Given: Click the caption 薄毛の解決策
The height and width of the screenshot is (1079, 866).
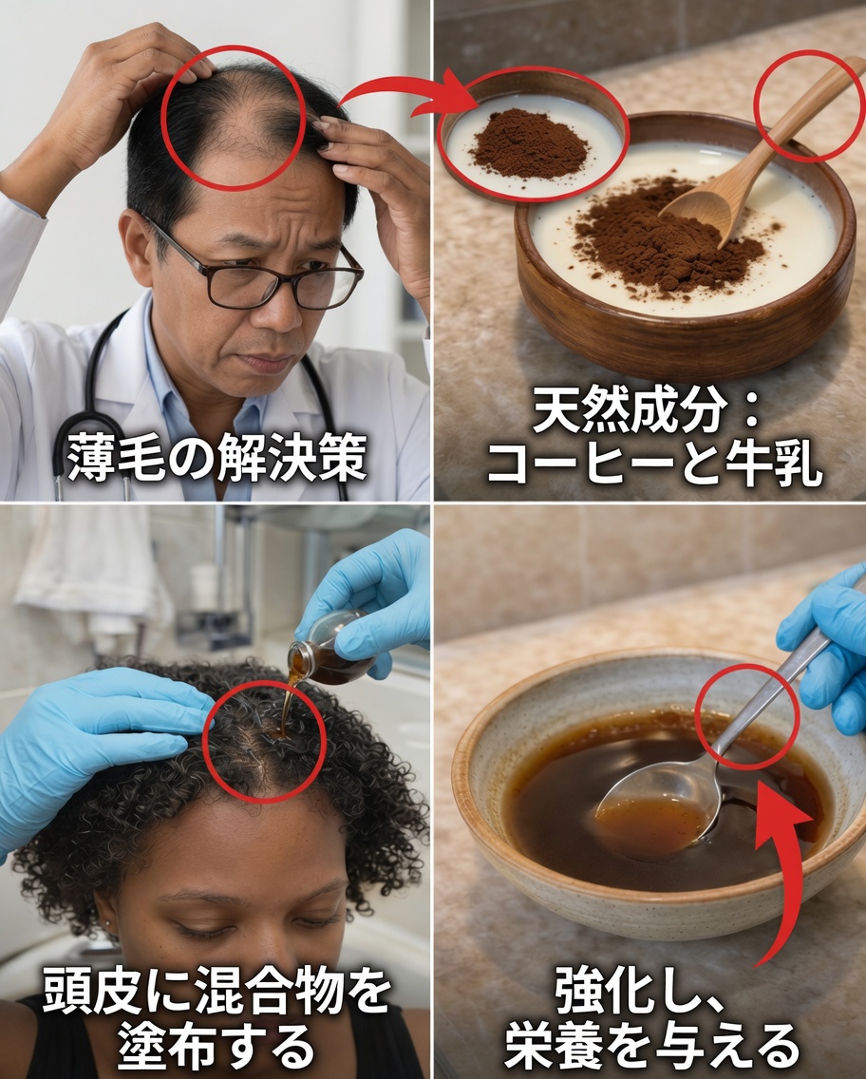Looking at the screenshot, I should [216, 458].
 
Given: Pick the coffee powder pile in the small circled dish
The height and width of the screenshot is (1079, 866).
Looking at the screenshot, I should [529, 144].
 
